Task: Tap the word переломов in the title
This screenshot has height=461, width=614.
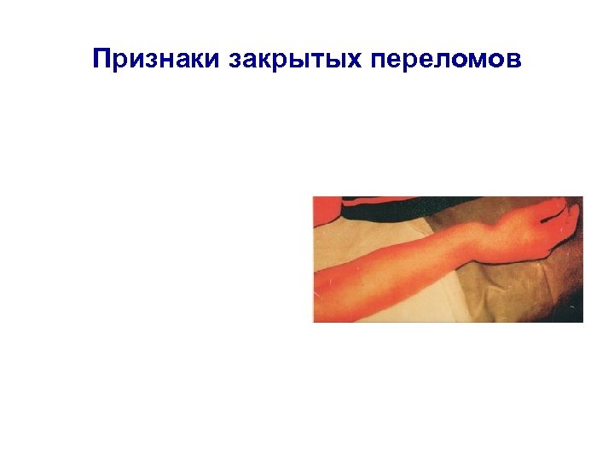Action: [443, 60]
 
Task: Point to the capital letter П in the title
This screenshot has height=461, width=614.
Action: [102, 60]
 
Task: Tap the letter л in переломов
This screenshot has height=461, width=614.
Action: [445, 61]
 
